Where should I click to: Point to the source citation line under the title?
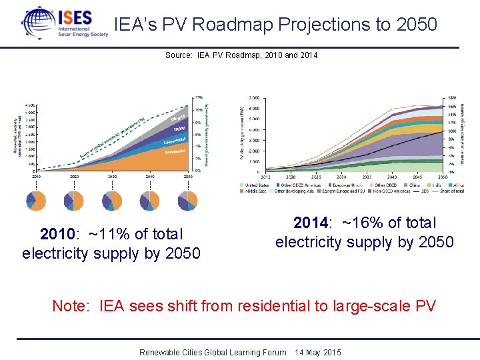tap(241, 55)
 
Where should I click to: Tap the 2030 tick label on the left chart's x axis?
tap(112, 177)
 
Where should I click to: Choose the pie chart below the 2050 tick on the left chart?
tap(189, 200)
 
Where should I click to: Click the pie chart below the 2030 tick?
tap(112, 200)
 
